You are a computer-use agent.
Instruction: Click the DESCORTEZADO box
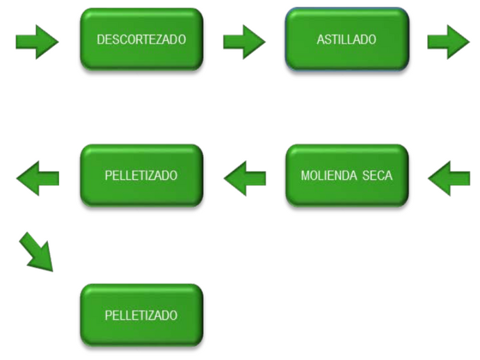click(x=141, y=40)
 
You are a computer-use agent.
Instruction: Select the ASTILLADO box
click(x=346, y=40)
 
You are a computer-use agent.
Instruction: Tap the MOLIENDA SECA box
click(x=346, y=176)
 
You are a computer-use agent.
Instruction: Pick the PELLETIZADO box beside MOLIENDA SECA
click(x=141, y=176)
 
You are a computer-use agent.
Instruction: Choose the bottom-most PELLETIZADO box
click(x=141, y=316)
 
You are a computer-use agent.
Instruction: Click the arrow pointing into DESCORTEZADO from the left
click(x=37, y=42)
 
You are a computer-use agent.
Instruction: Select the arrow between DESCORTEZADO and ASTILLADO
click(x=244, y=42)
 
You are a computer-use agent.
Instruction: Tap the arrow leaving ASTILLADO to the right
click(x=448, y=42)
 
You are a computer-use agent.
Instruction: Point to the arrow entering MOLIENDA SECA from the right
click(x=449, y=179)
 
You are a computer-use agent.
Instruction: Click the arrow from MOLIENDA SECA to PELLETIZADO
click(x=245, y=179)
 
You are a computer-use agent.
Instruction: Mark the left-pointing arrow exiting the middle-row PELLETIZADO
click(x=38, y=179)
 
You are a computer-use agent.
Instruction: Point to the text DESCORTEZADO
click(x=141, y=40)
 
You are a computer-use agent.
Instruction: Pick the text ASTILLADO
click(x=346, y=40)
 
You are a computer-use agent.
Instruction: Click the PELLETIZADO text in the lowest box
click(x=141, y=316)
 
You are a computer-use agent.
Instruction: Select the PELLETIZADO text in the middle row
click(x=141, y=176)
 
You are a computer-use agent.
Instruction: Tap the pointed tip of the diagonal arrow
click(x=51, y=270)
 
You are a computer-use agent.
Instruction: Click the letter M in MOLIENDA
click(x=305, y=176)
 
